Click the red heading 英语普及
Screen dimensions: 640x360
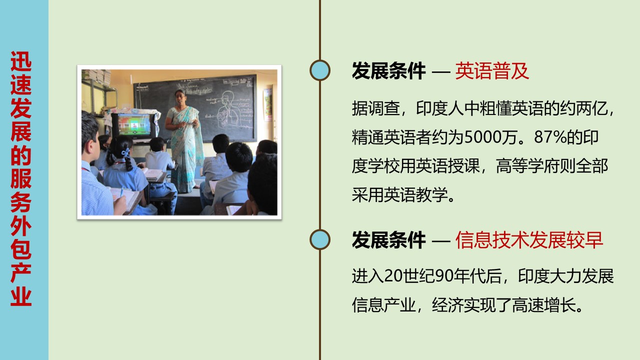click(x=491, y=71)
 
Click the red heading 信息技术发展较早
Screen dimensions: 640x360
click(x=529, y=239)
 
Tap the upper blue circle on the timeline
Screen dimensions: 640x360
click(x=320, y=70)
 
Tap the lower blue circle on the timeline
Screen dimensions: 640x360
click(x=320, y=239)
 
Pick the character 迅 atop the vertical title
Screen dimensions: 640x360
click(x=21, y=61)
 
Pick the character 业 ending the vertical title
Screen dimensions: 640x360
click(x=21, y=296)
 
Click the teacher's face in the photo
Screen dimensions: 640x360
click(x=180, y=98)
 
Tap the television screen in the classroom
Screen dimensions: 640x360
click(x=134, y=124)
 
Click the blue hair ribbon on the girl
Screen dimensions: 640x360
click(x=125, y=152)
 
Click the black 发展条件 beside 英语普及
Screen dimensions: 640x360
click(x=389, y=71)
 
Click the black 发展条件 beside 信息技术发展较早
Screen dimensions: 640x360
click(x=389, y=239)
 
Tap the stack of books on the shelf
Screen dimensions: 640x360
click(x=96, y=75)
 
